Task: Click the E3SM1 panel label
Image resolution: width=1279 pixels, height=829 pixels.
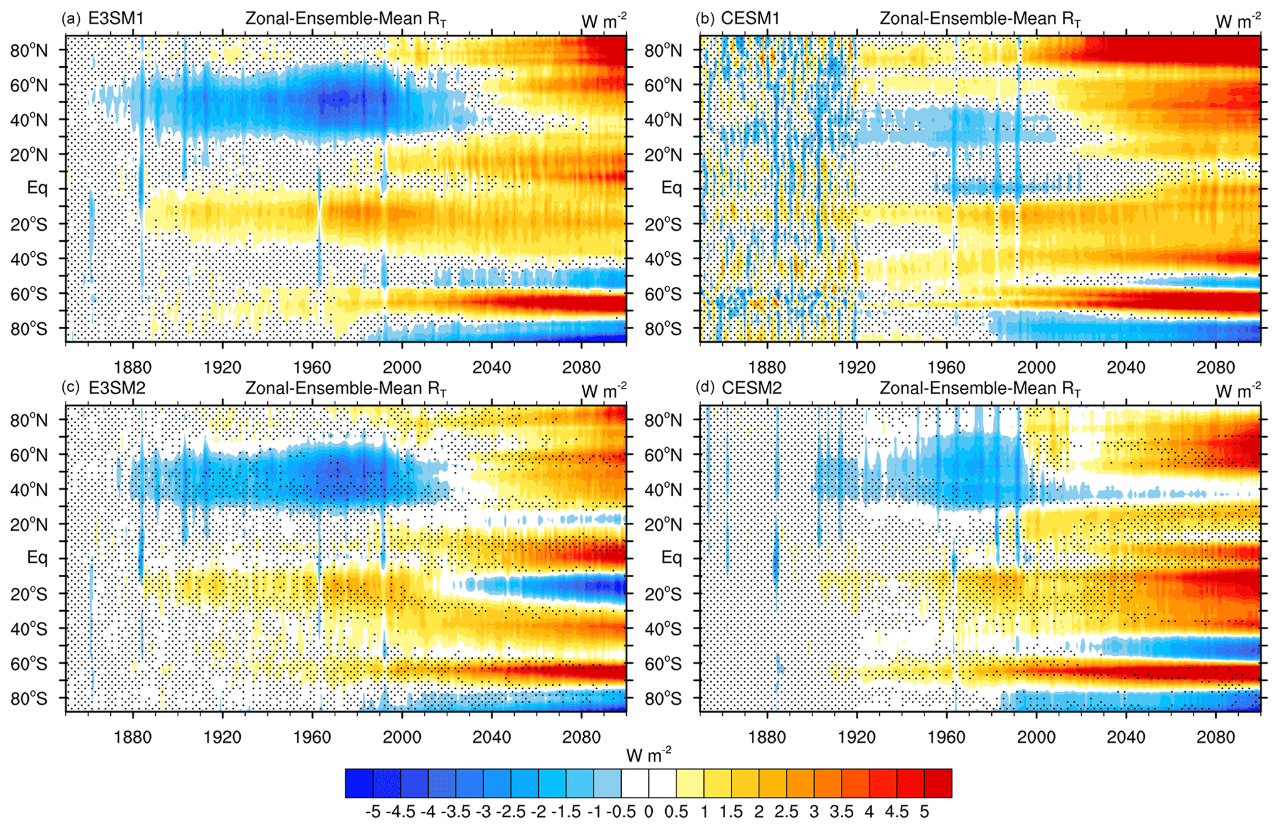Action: point(116,19)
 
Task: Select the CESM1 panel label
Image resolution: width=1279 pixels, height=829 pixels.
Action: point(750,19)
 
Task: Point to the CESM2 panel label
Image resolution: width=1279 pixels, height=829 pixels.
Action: point(751,388)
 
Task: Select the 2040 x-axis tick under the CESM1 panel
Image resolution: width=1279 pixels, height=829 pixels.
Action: point(1126,367)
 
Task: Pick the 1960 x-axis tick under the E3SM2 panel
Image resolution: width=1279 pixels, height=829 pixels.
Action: point(312,737)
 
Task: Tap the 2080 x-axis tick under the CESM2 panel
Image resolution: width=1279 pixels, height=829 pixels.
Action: point(1216,737)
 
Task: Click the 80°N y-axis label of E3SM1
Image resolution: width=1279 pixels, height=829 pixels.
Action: point(28,51)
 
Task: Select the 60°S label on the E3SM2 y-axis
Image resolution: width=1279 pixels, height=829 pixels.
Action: point(28,664)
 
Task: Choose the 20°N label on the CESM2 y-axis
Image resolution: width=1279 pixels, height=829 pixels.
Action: point(663,525)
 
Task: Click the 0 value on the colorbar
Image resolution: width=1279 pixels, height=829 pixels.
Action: point(648,811)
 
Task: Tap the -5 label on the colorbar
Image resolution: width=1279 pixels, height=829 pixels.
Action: point(373,811)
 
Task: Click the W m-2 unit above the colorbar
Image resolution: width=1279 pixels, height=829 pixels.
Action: point(648,755)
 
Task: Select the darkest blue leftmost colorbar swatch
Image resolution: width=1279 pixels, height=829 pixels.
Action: point(359,783)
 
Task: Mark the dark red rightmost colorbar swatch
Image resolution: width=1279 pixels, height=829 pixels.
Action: point(938,783)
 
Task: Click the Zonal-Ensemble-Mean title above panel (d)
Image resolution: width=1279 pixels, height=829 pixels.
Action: point(980,389)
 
